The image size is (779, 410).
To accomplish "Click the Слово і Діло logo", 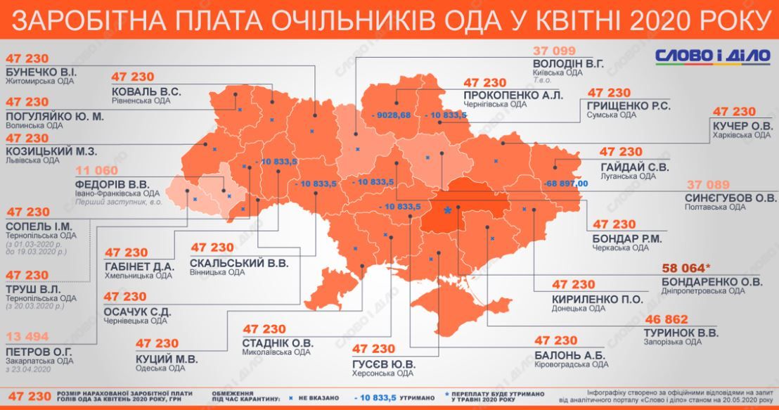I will [712, 56].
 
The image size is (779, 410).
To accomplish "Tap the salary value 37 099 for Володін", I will [555, 51].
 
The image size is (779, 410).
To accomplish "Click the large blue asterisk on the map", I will [447, 210].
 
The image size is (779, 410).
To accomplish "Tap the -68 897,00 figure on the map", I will [565, 182].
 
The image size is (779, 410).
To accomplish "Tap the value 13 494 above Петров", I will [27, 336].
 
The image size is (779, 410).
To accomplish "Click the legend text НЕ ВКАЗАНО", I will [317, 399].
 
